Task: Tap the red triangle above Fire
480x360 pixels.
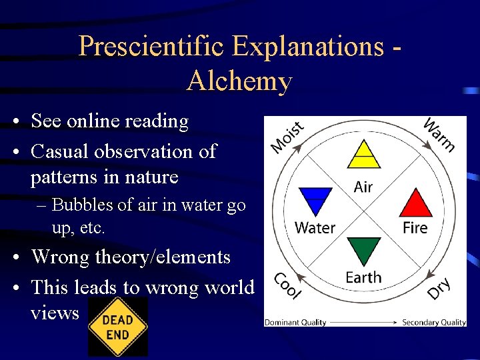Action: pyautogui.click(x=415, y=204)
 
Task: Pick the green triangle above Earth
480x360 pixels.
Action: pyautogui.click(x=363, y=250)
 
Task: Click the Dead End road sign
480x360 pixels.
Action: pyautogui.click(x=117, y=327)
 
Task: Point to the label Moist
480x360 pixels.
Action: pyautogui.click(x=287, y=136)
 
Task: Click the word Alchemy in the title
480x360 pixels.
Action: pyautogui.click(x=239, y=81)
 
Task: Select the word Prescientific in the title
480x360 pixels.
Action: pyautogui.click(x=153, y=47)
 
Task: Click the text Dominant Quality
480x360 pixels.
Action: pyautogui.click(x=295, y=323)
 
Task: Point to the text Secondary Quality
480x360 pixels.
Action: pyautogui.click(x=433, y=323)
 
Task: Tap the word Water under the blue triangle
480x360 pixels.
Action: pyautogui.click(x=315, y=228)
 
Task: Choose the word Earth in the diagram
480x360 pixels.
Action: pyautogui.click(x=363, y=277)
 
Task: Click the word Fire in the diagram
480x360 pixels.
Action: pyautogui.click(x=415, y=228)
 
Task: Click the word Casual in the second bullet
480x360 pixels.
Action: pyautogui.click(x=60, y=151)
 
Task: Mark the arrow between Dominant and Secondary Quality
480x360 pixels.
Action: pyautogui.click(x=364, y=323)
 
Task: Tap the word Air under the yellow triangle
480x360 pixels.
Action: pyautogui.click(x=363, y=187)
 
